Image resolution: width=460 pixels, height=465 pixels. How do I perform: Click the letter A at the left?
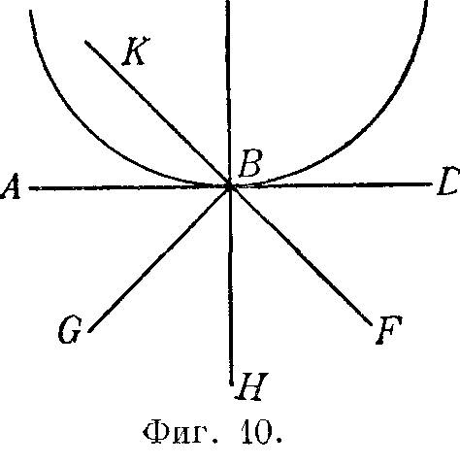click(11, 186)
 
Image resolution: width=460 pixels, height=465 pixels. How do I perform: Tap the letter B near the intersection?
click(249, 163)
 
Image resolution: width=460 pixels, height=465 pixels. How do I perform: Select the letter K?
click(136, 51)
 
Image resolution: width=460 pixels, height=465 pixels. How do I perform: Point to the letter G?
click(69, 330)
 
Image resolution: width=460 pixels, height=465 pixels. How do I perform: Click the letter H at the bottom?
click(251, 386)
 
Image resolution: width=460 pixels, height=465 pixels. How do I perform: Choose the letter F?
click(388, 330)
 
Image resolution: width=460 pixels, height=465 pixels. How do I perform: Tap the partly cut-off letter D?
click(448, 182)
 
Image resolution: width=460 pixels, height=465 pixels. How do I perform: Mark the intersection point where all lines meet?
click(229, 186)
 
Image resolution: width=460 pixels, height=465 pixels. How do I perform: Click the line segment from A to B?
click(129, 187)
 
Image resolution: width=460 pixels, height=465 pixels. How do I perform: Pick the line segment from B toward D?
click(331, 184)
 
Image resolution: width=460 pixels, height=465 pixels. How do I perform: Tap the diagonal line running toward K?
click(157, 114)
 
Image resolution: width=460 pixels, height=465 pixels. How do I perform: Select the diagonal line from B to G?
click(159, 259)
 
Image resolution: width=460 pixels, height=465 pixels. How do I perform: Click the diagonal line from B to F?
click(300, 255)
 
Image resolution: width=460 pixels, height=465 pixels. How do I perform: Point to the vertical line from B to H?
click(231, 285)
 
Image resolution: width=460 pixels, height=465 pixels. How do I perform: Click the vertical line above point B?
click(228, 93)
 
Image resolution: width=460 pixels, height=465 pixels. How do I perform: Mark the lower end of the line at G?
click(90, 330)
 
